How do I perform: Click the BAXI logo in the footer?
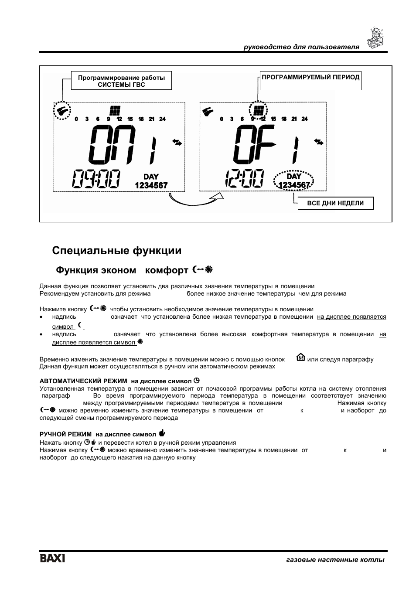52,558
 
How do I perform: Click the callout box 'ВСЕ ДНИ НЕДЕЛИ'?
335,203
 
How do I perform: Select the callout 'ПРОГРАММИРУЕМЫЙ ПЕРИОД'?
310,78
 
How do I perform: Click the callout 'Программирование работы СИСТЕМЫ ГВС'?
121,81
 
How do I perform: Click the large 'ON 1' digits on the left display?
123,145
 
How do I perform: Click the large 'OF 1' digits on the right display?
266,145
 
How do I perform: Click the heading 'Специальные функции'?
116,251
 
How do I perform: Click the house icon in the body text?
300,358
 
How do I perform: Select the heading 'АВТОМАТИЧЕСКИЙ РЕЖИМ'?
83,381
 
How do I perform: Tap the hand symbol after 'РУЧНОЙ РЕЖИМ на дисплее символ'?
162,433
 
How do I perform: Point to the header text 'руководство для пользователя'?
301,47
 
